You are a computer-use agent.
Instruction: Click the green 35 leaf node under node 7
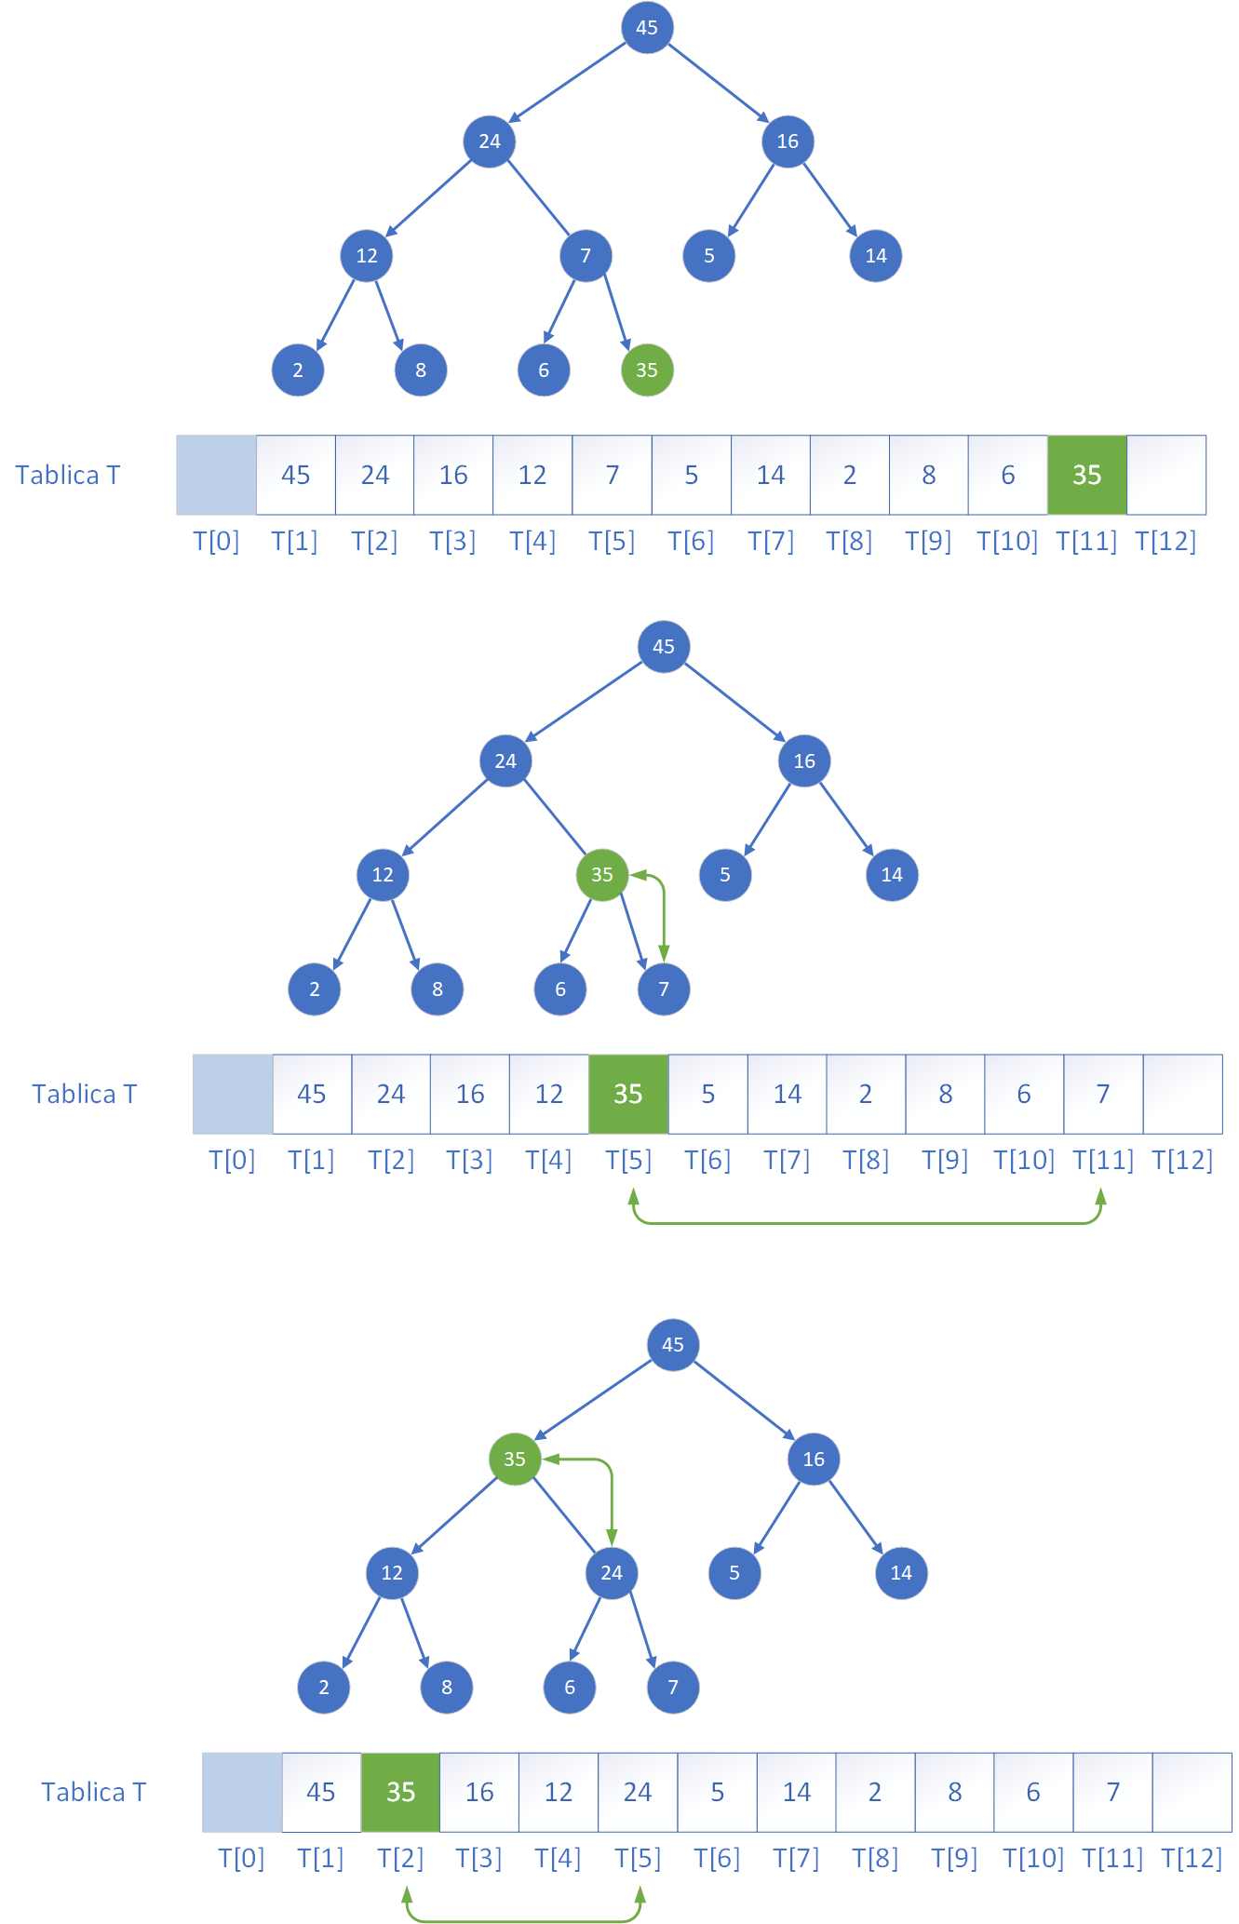[x=647, y=370]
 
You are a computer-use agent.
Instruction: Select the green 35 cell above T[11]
[x=1086, y=475]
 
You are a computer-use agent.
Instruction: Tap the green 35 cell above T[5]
[x=628, y=1094]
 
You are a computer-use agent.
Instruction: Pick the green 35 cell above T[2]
[x=400, y=1792]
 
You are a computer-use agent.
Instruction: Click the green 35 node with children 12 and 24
[x=515, y=1459]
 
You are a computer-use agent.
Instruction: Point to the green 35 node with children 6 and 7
[x=602, y=874]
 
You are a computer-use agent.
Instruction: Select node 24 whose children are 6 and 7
[x=612, y=1572]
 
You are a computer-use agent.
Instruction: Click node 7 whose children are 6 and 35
[x=586, y=255]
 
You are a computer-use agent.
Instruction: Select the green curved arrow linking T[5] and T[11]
[x=867, y=1222]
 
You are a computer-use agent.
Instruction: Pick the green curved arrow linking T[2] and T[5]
[x=523, y=1919]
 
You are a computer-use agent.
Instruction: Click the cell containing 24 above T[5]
[x=638, y=1792]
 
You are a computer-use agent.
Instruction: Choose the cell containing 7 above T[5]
[x=612, y=475]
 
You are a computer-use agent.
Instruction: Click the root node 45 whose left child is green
[x=673, y=1344]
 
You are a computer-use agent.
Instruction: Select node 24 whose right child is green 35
[x=505, y=760]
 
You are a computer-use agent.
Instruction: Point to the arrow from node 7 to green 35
[x=617, y=312]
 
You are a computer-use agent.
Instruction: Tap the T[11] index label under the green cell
[x=1086, y=541]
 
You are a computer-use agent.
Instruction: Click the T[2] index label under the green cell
[x=400, y=1858]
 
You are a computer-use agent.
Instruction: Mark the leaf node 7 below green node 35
[x=664, y=989]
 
